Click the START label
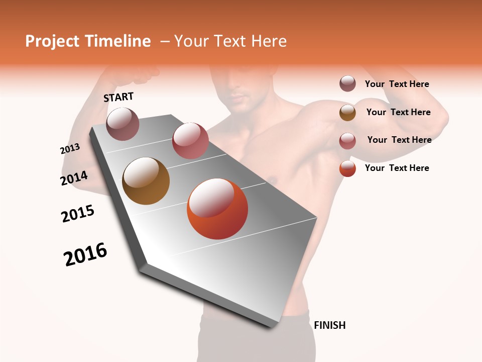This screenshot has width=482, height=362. click(x=118, y=97)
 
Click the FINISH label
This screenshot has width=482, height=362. click(x=329, y=325)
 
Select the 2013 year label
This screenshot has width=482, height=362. click(x=70, y=149)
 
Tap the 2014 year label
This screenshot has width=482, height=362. click(x=74, y=178)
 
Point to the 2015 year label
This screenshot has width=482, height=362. click(x=78, y=214)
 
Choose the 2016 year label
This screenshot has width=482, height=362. click(x=85, y=254)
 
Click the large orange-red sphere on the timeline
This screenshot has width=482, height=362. click(x=217, y=209)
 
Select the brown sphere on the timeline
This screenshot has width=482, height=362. click(x=146, y=181)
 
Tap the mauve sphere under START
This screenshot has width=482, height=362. click(x=123, y=124)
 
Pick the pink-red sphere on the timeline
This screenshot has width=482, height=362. click(x=190, y=141)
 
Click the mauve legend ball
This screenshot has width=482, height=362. click(x=347, y=84)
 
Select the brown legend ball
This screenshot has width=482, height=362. click(x=347, y=113)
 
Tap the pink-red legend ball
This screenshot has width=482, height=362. click(x=347, y=141)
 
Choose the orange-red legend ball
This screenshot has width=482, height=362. click(x=347, y=168)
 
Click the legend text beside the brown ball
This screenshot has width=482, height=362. click(x=398, y=112)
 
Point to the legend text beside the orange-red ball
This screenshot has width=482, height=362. click(x=397, y=168)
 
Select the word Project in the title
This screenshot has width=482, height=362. click(x=53, y=41)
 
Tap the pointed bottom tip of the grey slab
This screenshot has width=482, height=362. click(x=272, y=327)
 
